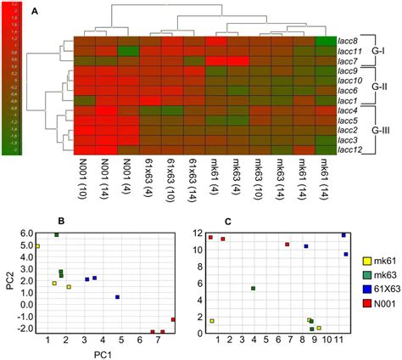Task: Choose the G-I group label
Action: coord(383,51)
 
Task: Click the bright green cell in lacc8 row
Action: coord(324,40)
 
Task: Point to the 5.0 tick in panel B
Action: coord(26,246)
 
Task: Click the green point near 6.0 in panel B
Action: coord(57,234)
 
